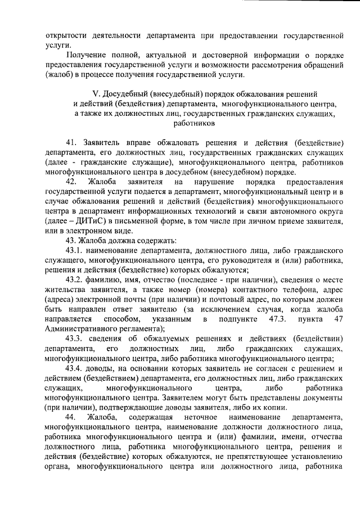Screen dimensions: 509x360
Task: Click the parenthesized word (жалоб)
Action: pyautogui.click(x=59, y=74)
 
